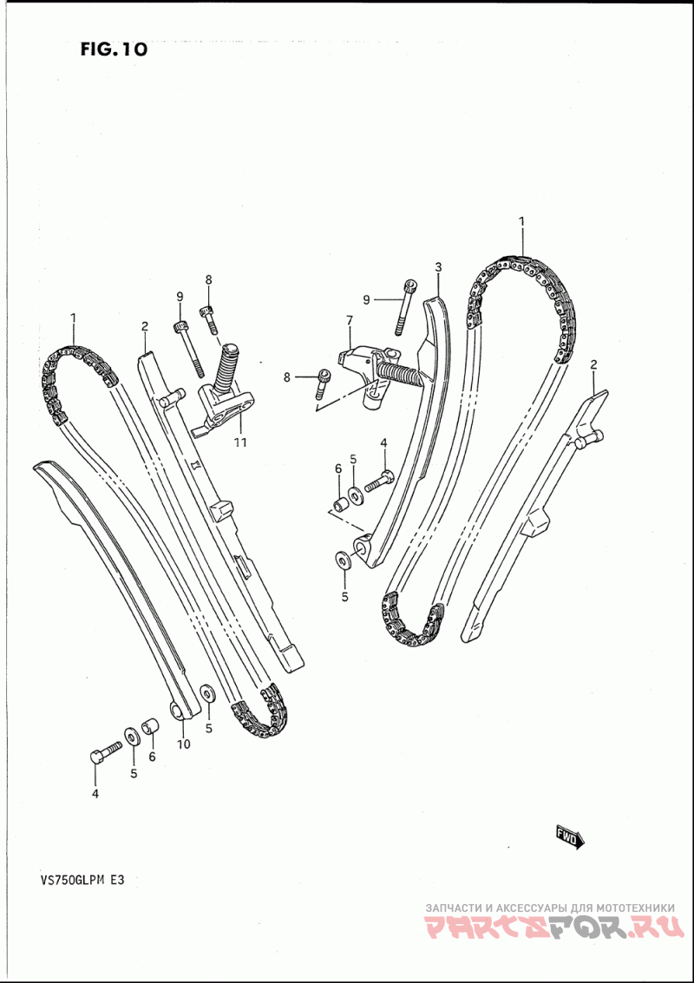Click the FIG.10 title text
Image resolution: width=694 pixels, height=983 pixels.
(x=113, y=49)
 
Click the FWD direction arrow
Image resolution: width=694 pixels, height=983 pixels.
(x=570, y=836)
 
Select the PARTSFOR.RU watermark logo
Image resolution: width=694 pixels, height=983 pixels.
(x=550, y=929)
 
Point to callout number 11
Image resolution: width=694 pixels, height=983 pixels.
(x=240, y=442)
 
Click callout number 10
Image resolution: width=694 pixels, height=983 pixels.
(x=184, y=744)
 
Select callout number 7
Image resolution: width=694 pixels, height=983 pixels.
(x=350, y=321)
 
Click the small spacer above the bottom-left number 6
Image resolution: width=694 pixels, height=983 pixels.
(x=150, y=724)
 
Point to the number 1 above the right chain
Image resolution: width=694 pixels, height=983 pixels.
(x=522, y=222)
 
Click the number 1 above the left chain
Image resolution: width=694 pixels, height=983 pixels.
(x=73, y=318)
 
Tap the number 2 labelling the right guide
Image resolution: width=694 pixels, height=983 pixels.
(x=593, y=364)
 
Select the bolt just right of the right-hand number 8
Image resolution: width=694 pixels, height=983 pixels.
(x=324, y=377)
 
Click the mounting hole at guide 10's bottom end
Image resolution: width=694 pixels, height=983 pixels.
(x=179, y=711)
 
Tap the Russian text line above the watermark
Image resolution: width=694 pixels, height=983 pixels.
(x=550, y=908)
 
